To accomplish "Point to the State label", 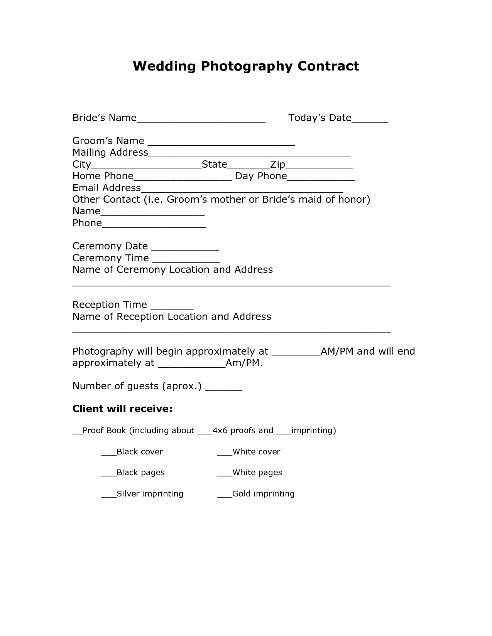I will pyautogui.click(x=214, y=165).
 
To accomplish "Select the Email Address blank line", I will pyautogui.click(x=242, y=190).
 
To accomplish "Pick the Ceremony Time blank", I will pyautogui.click(x=186, y=260).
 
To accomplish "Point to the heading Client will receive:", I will pyautogui.click(x=122, y=409).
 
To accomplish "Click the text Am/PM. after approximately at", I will pyautogui.click(x=244, y=363).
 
